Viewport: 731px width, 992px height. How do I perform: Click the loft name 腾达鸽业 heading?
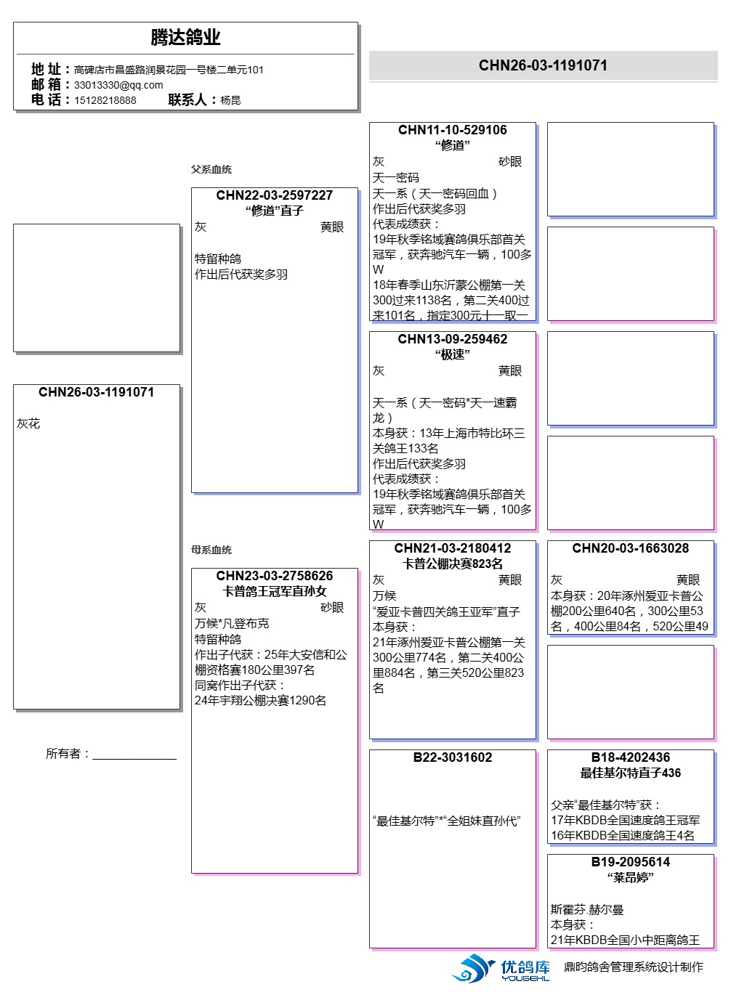(x=185, y=37)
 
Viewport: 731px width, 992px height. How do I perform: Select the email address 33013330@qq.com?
(x=118, y=85)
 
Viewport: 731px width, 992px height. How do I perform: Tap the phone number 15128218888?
(x=105, y=100)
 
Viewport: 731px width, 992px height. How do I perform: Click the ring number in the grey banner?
(x=543, y=65)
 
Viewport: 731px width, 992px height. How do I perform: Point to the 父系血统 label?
(x=211, y=169)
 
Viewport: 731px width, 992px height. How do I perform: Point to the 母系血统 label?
(x=211, y=550)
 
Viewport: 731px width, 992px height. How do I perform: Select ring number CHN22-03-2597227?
(x=274, y=195)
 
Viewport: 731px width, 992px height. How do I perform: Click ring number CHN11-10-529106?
(x=452, y=130)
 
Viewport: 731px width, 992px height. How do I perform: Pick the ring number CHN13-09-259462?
(x=452, y=339)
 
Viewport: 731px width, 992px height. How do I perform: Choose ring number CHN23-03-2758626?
(x=274, y=576)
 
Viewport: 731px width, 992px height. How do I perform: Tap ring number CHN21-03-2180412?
(x=452, y=548)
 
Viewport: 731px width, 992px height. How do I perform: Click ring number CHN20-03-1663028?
(x=630, y=548)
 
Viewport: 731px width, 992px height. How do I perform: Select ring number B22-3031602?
(x=452, y=757)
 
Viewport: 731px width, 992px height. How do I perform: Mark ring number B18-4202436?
(x=630, y=757)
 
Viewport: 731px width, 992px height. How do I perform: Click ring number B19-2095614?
(x=630, y=862)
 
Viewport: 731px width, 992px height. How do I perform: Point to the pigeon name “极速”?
(x=452, y=354)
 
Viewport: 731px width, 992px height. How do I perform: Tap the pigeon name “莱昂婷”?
(x=630, y=877)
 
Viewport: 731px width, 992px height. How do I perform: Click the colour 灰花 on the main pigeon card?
(x=29, y=423)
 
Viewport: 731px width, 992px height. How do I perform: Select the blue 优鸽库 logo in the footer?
(x=502, y=969)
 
